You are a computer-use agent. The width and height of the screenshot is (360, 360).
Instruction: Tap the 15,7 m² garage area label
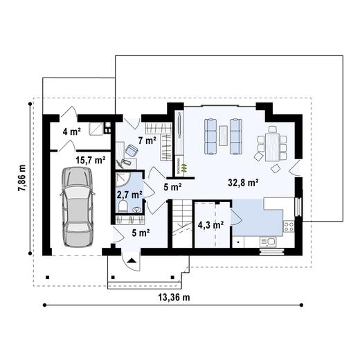point(90,160)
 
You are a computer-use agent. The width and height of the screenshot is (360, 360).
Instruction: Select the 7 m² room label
point(146,141)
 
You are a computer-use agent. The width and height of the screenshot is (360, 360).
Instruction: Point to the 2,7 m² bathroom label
point(129,195)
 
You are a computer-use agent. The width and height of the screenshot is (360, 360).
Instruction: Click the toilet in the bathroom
point(123,206)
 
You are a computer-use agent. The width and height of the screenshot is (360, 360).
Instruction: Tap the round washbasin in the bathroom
point(136,208)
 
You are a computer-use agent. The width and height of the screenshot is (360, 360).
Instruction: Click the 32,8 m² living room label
point(243,183)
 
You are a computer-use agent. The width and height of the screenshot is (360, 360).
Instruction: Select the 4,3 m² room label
point(210,224)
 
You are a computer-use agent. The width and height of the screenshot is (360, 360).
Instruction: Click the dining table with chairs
point(273,146)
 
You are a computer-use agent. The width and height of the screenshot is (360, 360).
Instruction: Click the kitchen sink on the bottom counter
point(269,241)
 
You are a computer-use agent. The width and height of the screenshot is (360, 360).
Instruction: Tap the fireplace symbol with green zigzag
point(183,166)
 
